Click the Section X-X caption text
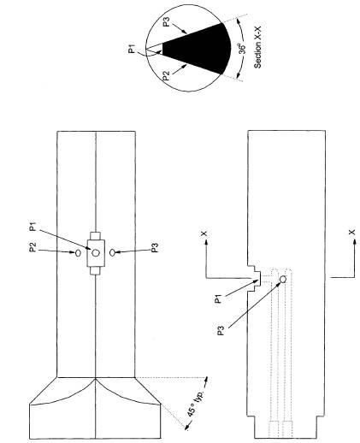(x=257, y=47)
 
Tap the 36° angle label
(x=242, y=49)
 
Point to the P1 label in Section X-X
(x=132, y=49)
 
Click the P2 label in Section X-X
(x=166, y=76)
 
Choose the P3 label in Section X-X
(x=167, y=22)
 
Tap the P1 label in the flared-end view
(x=33, y=227)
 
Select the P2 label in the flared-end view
(x=33, y=247)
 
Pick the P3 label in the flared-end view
(x=155, y=247)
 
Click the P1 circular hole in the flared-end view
(x=96, y=252)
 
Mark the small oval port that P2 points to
(x=78, y=253)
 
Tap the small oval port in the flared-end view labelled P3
(x=113, y=252)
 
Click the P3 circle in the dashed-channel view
(x=283, y=279)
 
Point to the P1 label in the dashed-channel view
(x=218, y=299)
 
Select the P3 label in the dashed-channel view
(x=221, y=330)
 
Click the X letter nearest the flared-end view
(x=204, y=233)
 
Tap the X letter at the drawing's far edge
(x=352, y=232)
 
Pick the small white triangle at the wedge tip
(x=155, y=49)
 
